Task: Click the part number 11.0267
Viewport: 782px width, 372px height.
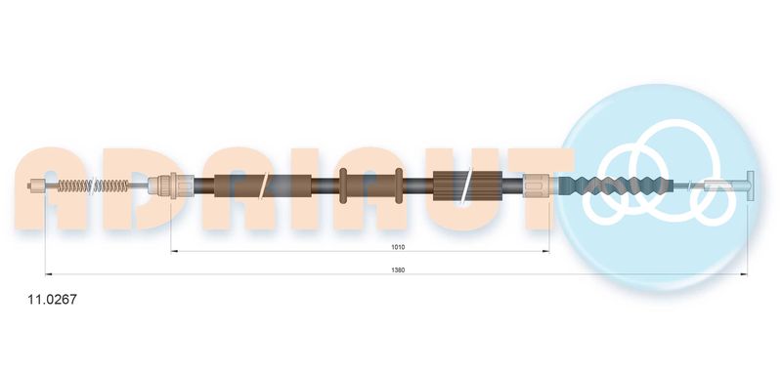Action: [x=53, y=300]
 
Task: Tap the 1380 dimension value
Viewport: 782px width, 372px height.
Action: [x=398, y=269]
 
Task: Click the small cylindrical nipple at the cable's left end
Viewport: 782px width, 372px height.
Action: [x=35, y=186]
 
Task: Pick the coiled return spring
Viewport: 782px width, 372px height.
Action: [x=93, y=186]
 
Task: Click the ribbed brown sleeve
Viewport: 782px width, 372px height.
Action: [x=467, y=186]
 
